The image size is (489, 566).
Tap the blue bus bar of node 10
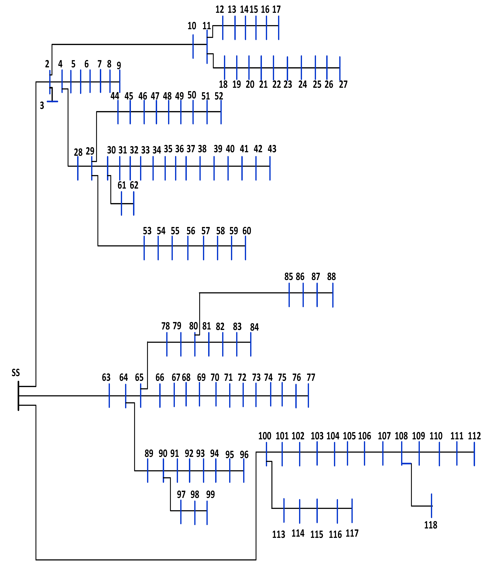pyautogui.click(x=193, y=46)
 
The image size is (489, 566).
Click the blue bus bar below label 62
pyautogui.click(x=134, y=204)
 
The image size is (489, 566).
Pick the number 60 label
pyautogui.click(x=247, y=231)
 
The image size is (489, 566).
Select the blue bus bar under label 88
pyautogui.click(x=333, y=295)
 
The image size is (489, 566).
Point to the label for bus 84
pyautogui.click(x=254, y=327)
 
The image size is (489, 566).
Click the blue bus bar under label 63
pyautogui.click(x=109, y=396)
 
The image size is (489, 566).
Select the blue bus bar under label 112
pyautogui.click(x=474, y=454)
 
